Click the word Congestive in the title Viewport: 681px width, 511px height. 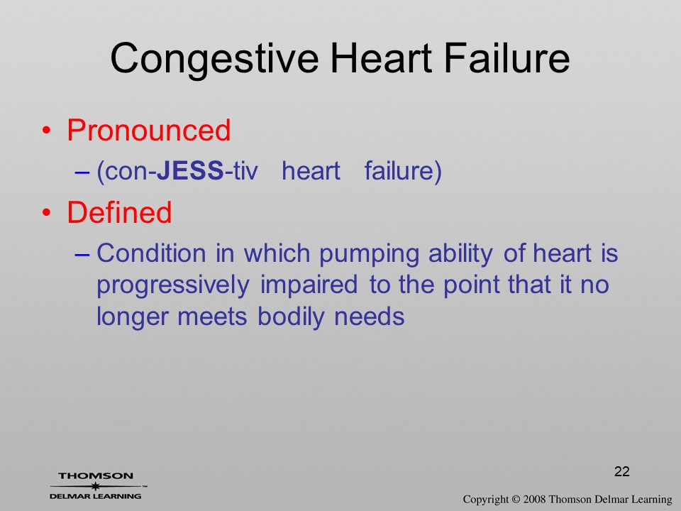coord(214,60)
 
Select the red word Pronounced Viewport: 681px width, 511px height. coord(148,130)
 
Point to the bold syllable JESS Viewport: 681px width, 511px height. coord(190,170)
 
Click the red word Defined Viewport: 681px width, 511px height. coord(119,212)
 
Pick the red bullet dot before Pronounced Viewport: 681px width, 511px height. coord(47,131)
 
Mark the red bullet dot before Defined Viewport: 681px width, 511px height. coord(47,212)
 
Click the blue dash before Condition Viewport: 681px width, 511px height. coord(82,254)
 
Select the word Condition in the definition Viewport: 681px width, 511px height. coord(151,253)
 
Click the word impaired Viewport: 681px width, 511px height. coord(309,285)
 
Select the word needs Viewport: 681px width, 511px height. coord(369,317)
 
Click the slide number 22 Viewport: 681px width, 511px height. coord(622,471)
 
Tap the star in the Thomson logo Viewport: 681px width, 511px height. coord(96,486)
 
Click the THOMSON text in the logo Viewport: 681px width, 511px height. coord(96,476)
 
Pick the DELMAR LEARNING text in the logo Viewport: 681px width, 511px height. coord(96,496)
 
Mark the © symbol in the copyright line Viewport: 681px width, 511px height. coord(516,499)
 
